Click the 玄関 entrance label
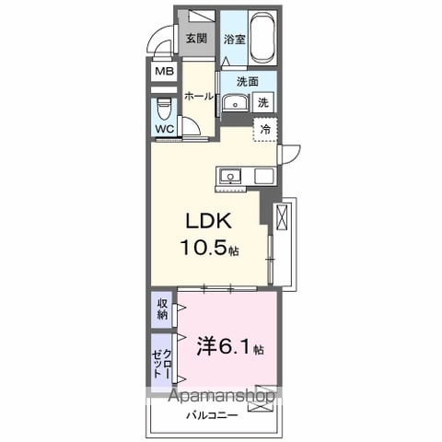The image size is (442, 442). [x=196, y=39]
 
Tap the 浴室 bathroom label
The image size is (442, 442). [x=235, y=40]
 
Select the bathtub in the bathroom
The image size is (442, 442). [x=262, y=38]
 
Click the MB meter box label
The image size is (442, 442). [x=164, y=72]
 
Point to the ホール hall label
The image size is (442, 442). [x=199, y=97]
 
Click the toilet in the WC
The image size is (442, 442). [x=164, y=109]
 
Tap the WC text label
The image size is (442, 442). [x=165, y=129]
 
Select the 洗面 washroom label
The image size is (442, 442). [x=248, y=81]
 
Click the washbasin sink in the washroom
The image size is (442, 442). [x=236, y=102]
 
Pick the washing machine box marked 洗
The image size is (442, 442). [x=263, y=102]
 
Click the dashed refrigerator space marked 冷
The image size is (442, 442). [x=265, y=129]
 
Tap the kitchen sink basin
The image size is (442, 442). [x=230, y=176]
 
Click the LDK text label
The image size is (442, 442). [x=209, y=220]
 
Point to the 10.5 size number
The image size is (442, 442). [x=204, y=248]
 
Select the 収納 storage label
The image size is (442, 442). [x=163, y=309]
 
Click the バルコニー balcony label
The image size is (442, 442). [x=213, y=415]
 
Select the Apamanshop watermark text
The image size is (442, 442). [x=222, y=396]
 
